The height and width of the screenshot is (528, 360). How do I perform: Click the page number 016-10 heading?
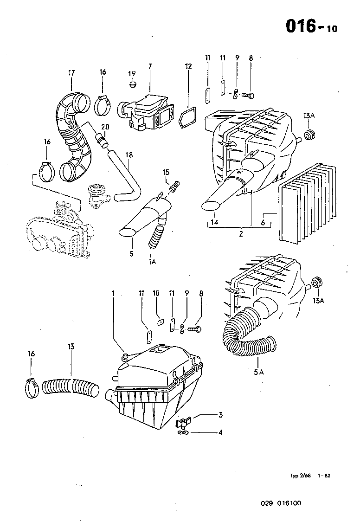click(311, 26)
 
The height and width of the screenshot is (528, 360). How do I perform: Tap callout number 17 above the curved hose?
click(71, 72)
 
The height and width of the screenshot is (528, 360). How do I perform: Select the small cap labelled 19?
click(132, 85)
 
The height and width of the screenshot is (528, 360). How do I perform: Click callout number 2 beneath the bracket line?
click(241, 234)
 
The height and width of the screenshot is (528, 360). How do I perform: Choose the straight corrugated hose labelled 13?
click(71, 387)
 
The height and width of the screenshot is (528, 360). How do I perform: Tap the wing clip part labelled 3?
click(183, 423)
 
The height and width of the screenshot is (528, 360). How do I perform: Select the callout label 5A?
click(258, 372)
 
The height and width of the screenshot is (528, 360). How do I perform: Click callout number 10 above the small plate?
click(156, 293)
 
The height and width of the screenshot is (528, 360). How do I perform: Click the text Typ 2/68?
click(300, 476)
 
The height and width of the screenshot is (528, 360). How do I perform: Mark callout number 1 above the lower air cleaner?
click(113, 293)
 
